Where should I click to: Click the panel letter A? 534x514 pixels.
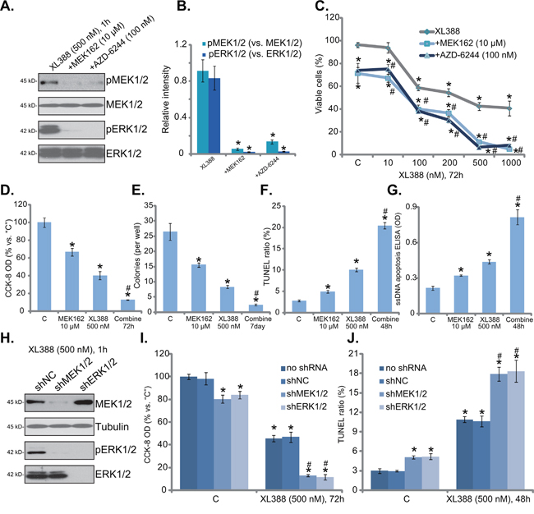click(10, 7)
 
